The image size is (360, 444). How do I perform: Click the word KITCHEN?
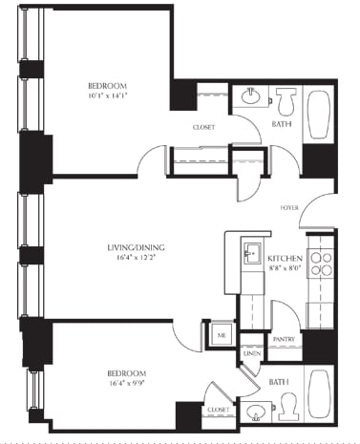pos(285,260)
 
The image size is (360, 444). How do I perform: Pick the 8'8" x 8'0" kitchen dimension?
pos(285,270)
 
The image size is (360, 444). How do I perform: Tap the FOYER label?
pos(289,206)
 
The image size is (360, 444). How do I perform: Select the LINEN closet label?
pos(250,354)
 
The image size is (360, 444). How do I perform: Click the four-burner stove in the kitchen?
pos(322,264)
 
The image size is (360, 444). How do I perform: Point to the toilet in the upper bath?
pos(286,99)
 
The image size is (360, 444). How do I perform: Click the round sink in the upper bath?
pos(251,96)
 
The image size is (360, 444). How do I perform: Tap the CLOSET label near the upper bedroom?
pos(203,126)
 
